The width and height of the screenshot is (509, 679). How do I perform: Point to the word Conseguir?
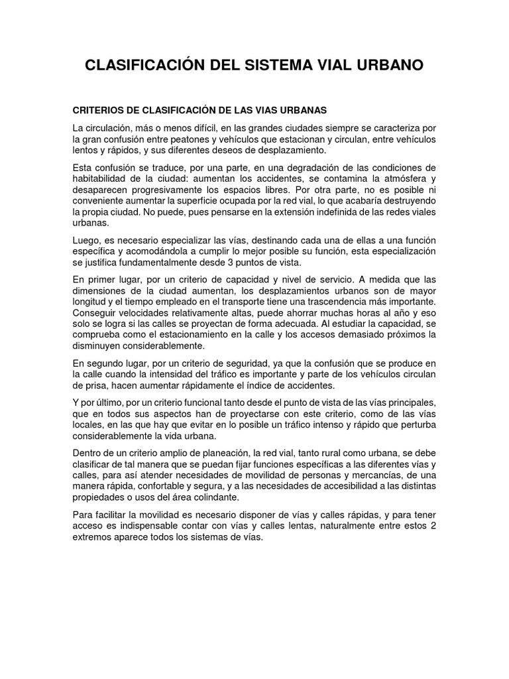tap(95, 312)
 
